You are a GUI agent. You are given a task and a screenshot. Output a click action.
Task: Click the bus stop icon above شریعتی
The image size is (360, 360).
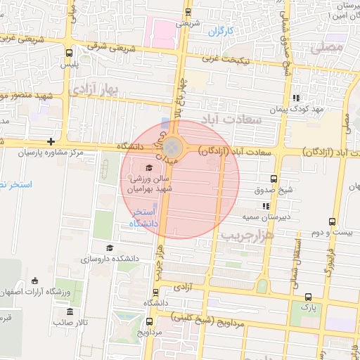[188, 12]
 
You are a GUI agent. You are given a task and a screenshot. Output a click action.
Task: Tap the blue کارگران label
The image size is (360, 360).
[220, 31]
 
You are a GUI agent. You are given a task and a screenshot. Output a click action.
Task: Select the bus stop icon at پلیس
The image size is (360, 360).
[69, 53]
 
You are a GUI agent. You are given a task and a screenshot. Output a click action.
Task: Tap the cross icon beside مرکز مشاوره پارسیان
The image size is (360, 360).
[51, 141]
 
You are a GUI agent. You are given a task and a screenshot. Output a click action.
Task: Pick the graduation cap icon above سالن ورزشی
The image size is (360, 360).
[148, 167]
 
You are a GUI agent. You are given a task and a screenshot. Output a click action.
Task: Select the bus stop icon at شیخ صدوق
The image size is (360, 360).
[274, 179]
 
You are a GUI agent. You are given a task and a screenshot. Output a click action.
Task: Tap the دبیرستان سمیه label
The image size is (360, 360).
[266, 217]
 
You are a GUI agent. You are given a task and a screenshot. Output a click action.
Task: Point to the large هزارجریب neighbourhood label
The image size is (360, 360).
[247, 235]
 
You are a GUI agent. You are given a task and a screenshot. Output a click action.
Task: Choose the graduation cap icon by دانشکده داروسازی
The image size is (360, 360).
[109, 247]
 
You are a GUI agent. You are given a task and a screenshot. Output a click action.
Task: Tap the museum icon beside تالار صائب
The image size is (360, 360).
[69, 311]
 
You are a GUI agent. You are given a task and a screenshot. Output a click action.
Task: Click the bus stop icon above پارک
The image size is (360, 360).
[306, 297]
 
